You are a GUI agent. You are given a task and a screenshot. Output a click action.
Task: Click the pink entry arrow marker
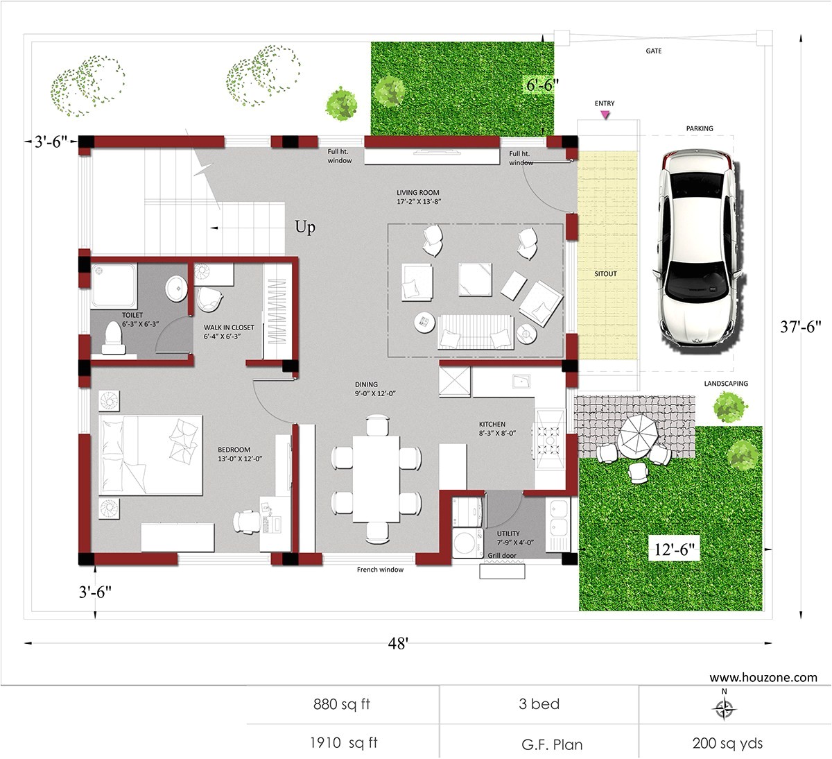click(605, 114)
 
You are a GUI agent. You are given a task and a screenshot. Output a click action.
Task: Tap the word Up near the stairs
click(305, 228)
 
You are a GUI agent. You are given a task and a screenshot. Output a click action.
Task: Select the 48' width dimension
click(398, 643)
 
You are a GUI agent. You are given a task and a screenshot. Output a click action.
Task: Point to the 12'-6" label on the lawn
click(673, 550)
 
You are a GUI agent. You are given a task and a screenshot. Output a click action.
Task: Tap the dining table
click(376, 478)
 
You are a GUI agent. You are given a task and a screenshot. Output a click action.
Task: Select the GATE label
click(653, 51)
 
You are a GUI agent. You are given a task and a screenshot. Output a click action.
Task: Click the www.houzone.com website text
click(763, 677)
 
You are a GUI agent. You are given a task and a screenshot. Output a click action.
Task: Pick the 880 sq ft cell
click(342, 704)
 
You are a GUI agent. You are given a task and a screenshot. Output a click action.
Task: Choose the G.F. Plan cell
click(552, 744)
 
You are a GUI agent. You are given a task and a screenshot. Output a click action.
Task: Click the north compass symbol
click(725, 708)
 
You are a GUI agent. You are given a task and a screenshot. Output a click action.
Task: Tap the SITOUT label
click(605, 274)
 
